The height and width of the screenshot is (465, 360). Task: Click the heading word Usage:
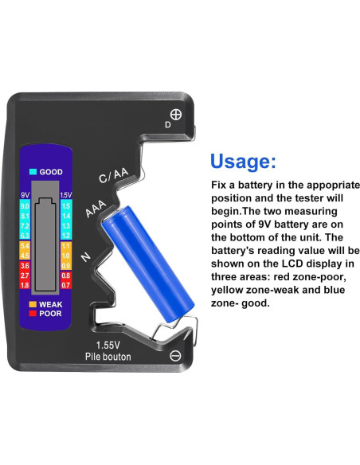[x=243, y=162]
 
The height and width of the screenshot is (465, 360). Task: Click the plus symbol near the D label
[x=176, y=114]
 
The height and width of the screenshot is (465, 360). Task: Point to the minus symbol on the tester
[x=176, y=354]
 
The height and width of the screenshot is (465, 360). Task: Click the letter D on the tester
[x=167, y=125]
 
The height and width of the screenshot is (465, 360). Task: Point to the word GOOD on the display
[x=51, y=171]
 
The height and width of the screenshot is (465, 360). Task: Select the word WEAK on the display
[x=51, y=304]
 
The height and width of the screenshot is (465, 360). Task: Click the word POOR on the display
[x=51, y=314]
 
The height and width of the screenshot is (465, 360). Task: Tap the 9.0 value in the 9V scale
[x=25, y=206]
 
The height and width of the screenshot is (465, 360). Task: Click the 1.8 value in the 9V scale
[x=25, y=284]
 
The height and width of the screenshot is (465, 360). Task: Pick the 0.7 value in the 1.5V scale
[x=65, y=284]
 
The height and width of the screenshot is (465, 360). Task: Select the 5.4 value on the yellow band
[x=25, y=246]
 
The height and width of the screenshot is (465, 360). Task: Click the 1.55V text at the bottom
[x=108, y=345]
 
